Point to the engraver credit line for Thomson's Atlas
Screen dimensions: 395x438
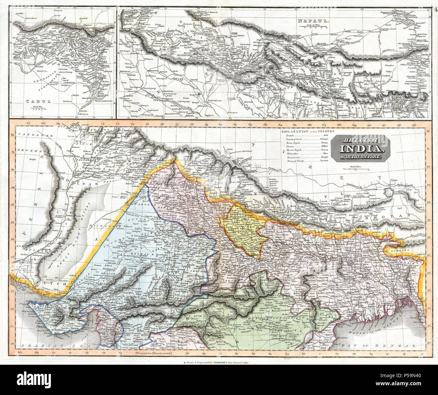click(219, 363)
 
